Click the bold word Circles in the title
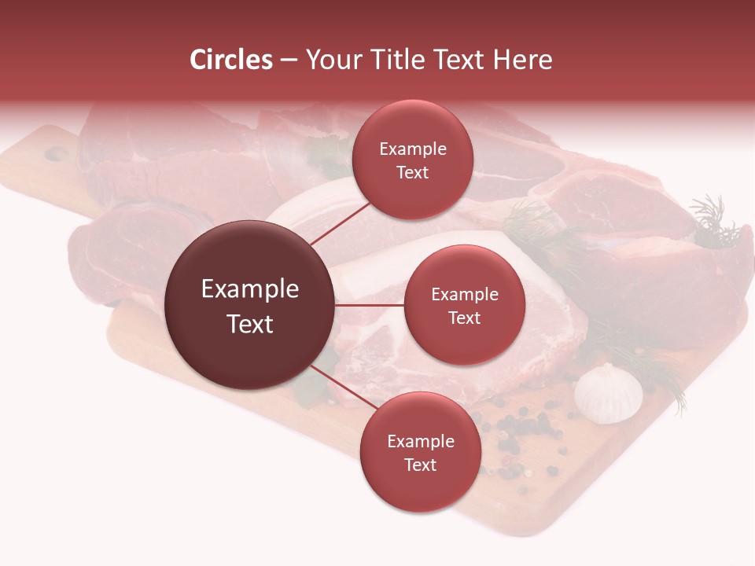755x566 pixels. coord(231,60)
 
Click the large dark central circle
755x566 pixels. coord(249,305)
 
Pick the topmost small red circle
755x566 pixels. coord(412,160)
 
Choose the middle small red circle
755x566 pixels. coord(464,305)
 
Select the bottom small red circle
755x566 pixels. coord(420,452)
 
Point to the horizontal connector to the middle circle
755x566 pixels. coord(370,305)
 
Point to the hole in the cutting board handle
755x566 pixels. coord(56,154)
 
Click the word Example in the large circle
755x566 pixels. coord(249,289)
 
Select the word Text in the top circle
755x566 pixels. coord(412,172)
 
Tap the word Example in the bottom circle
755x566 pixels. coord(420,441)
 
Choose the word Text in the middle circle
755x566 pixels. coord(464,318)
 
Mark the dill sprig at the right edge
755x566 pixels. coord(712,220)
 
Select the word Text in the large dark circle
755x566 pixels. coord(249,323)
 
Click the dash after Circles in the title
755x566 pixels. coord(289,60)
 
